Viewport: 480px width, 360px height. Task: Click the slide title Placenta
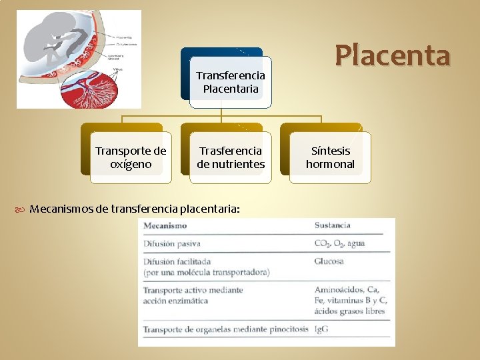point(393,55)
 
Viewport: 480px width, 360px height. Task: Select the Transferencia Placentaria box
point(231,82)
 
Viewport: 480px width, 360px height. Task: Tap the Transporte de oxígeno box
point(131,157)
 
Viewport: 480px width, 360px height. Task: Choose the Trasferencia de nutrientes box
point(231,157)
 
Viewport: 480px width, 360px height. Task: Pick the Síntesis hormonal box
point(330,157)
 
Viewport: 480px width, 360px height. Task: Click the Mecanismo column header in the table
point(165,225)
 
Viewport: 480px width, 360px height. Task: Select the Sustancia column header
point(332,225)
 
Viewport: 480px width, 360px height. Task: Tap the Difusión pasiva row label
point(172,243)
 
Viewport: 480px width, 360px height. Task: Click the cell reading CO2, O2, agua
point(339,243)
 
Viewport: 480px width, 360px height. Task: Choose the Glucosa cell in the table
point(329,261)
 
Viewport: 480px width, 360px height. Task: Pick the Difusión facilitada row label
point(177,261)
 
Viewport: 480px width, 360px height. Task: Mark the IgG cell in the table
point(322,329)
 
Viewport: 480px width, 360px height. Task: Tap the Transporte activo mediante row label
point(193,290)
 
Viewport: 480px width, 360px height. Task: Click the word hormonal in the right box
point(330,164)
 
